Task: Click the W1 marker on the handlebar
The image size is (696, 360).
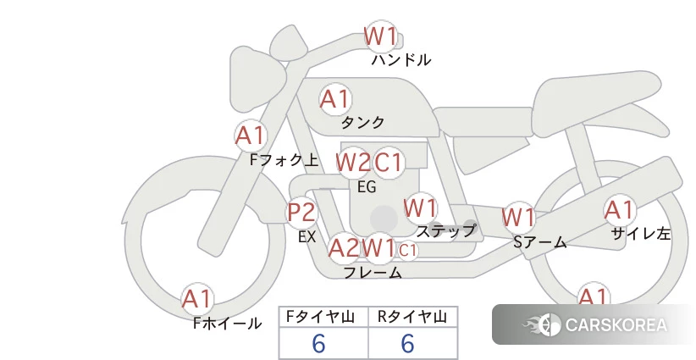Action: tap(380, 36)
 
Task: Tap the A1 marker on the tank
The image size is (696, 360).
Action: tap(335, 99)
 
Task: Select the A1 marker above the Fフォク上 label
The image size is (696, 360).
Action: tap(251, 136)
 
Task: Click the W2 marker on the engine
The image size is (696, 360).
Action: tap(353, 163)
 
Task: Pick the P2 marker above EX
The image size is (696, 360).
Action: tap(301, 213)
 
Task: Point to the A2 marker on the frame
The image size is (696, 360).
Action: tap(344, 248)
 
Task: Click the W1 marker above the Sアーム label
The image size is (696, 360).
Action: tap(518, 218)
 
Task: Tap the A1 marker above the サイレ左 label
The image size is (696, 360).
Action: tap(620, 210)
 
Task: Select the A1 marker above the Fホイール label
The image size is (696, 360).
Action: tap(197, 299)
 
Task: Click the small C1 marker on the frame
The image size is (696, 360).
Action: tap(407, 251)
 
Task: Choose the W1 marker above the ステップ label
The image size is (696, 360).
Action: tap(420, 208)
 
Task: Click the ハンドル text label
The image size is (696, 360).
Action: tap(401, 60)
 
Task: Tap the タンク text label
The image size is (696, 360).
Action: tap(362, 122)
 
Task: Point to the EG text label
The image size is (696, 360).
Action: tap(367, 187)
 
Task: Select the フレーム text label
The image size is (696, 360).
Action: tap(373, 273)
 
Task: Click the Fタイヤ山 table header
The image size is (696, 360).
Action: tap(320, 317)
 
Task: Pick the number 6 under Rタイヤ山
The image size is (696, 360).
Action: tap(407, 344)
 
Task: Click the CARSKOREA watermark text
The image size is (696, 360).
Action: tap(616, 325)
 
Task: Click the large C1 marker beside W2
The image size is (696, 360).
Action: tap(388, 163)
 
